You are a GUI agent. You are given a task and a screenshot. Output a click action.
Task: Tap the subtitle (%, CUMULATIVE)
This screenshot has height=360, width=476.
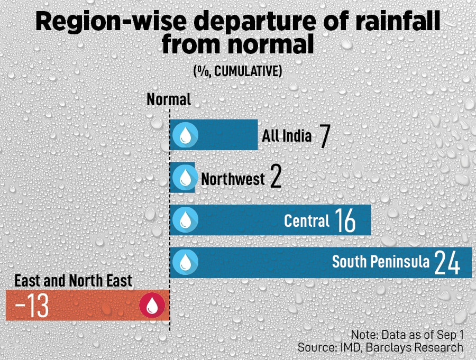coord(237,71)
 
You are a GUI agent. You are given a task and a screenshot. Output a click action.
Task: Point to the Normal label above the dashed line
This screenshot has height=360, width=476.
coord(169,99)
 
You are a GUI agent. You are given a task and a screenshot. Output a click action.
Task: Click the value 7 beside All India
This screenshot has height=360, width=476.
coord(324,136)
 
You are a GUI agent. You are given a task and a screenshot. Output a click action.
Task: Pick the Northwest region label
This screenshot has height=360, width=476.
coord(233,179)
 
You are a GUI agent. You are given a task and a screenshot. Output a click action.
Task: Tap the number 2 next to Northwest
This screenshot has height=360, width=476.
coord(275,178)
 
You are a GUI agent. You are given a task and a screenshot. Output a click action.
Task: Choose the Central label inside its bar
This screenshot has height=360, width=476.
coord(307,220)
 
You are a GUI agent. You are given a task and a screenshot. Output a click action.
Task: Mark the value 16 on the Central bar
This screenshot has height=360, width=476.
coord(345,221)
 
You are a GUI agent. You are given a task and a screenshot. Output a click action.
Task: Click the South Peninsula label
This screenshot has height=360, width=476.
coord(381,262)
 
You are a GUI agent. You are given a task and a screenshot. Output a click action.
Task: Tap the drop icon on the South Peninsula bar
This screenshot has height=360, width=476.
coord(185,262)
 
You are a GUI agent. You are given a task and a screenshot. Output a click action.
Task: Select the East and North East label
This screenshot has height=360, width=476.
coord(73,281)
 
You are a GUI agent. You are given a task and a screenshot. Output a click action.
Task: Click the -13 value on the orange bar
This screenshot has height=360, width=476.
coord(32,306)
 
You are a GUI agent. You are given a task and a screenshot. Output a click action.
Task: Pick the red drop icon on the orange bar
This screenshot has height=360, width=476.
coord(152,306)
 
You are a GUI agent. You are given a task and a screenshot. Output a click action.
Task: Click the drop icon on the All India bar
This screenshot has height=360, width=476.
coord(185,135)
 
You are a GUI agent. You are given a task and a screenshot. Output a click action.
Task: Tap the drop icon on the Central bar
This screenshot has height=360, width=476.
coord(185,219)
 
